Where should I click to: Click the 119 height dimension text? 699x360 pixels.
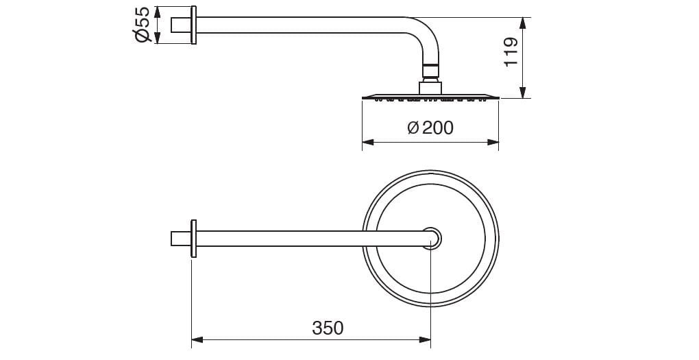(511, 51)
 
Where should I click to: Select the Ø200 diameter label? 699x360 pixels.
(430, 128)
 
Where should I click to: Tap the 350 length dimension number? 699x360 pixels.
(328, 328)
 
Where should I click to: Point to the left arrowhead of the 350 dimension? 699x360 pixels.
(197, 340)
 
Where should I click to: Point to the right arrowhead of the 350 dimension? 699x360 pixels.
(425, 340)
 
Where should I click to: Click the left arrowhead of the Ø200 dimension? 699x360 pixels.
(368, 143)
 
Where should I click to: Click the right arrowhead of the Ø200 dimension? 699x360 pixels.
(493, 143)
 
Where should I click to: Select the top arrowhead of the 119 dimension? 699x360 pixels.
(523, 23)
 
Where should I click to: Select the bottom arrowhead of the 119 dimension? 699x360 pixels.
(523, 92)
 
